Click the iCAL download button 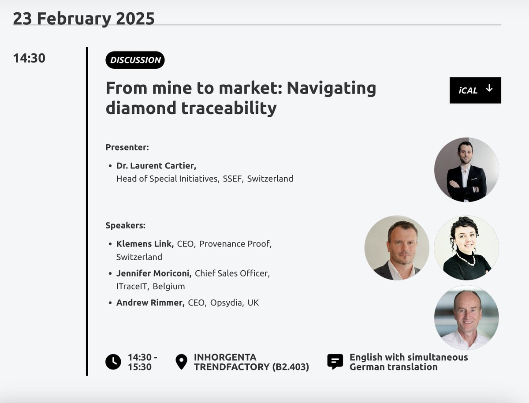[475, 90]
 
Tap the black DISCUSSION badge [135, 60]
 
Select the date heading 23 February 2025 [84, 19]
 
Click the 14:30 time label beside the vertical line [29, 58]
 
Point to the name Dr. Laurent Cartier [156, 166]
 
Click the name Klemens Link [145, 244]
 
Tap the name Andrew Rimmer [150, 303]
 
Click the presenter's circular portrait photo [466, 170]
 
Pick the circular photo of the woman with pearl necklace [466, 248]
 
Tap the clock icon [113, 362]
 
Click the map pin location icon [181, 362]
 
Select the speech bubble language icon [335, 362]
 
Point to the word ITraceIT [132, 286]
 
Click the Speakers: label [125, 226]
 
